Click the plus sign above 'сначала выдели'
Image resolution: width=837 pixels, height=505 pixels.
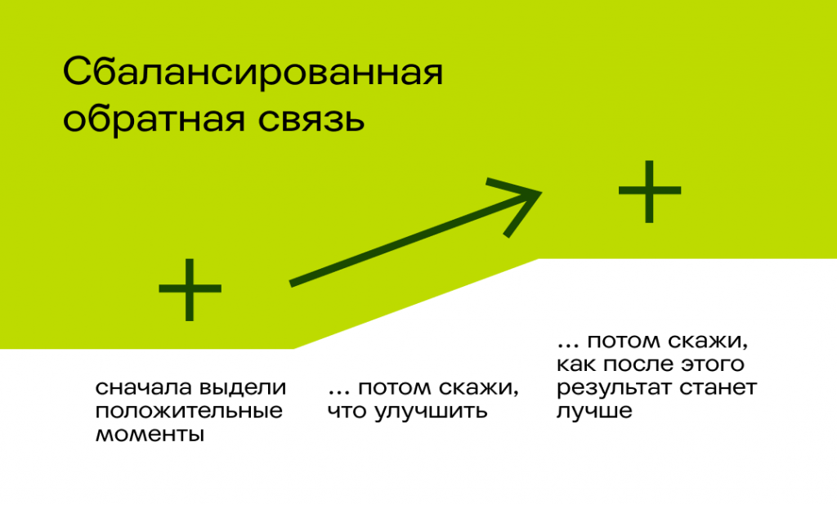[190, 289]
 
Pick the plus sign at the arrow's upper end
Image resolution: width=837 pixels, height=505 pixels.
[649, 191]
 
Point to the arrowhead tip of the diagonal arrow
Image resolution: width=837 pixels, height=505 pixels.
[540, 193]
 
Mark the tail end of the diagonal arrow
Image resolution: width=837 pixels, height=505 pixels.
[292, 284]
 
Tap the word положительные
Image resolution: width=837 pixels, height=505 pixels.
[189, 410]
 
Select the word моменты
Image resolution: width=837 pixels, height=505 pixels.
[149, 434]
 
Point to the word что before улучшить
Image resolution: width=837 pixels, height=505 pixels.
[347, 410]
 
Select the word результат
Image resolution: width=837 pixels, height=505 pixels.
[606, 387]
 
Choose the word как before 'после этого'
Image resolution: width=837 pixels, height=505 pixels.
[575, 364]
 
